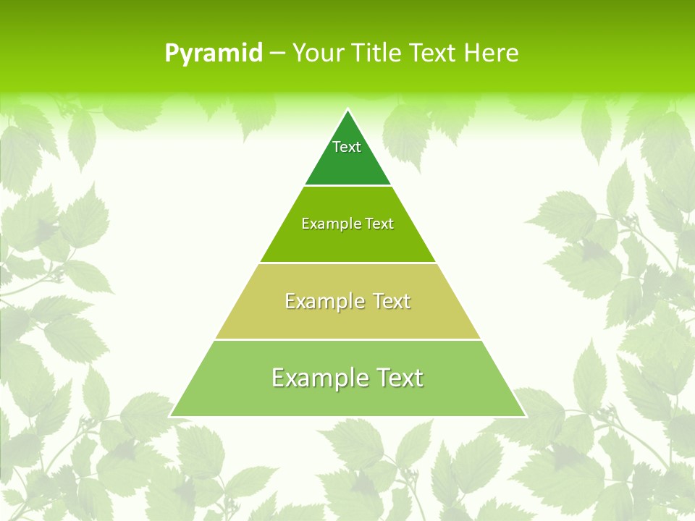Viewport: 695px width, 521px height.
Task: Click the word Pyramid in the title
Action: click(x=214, y=54)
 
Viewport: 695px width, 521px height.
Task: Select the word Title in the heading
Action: click(x=377, y=54)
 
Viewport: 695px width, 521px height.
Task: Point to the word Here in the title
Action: click(x=491, y=54)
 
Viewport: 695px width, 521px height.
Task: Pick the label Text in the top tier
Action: click(x=347, y=147)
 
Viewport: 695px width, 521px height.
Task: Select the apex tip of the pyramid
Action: click(x=347, y=111)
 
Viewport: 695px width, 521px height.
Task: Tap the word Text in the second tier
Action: click(x=380, y=224)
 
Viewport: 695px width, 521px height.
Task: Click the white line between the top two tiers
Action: click(x=347, y=186)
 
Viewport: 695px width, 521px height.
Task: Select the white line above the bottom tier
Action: click(x=347, y=339)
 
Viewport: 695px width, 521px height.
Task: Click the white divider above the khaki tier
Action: click(x=347, y=263)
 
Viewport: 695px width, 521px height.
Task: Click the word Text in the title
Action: click(x=433, y=54)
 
